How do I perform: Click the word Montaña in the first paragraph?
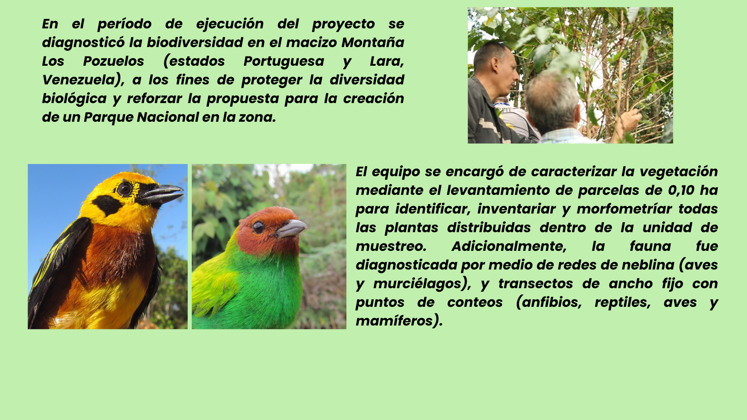point(373,42)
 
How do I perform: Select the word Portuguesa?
point(284,61)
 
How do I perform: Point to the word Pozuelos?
point(114,61)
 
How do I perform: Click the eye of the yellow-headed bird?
point(124,189)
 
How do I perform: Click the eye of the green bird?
point(258,227)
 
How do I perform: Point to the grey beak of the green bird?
point(291,228)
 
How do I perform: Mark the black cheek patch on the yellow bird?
point(107,205)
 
